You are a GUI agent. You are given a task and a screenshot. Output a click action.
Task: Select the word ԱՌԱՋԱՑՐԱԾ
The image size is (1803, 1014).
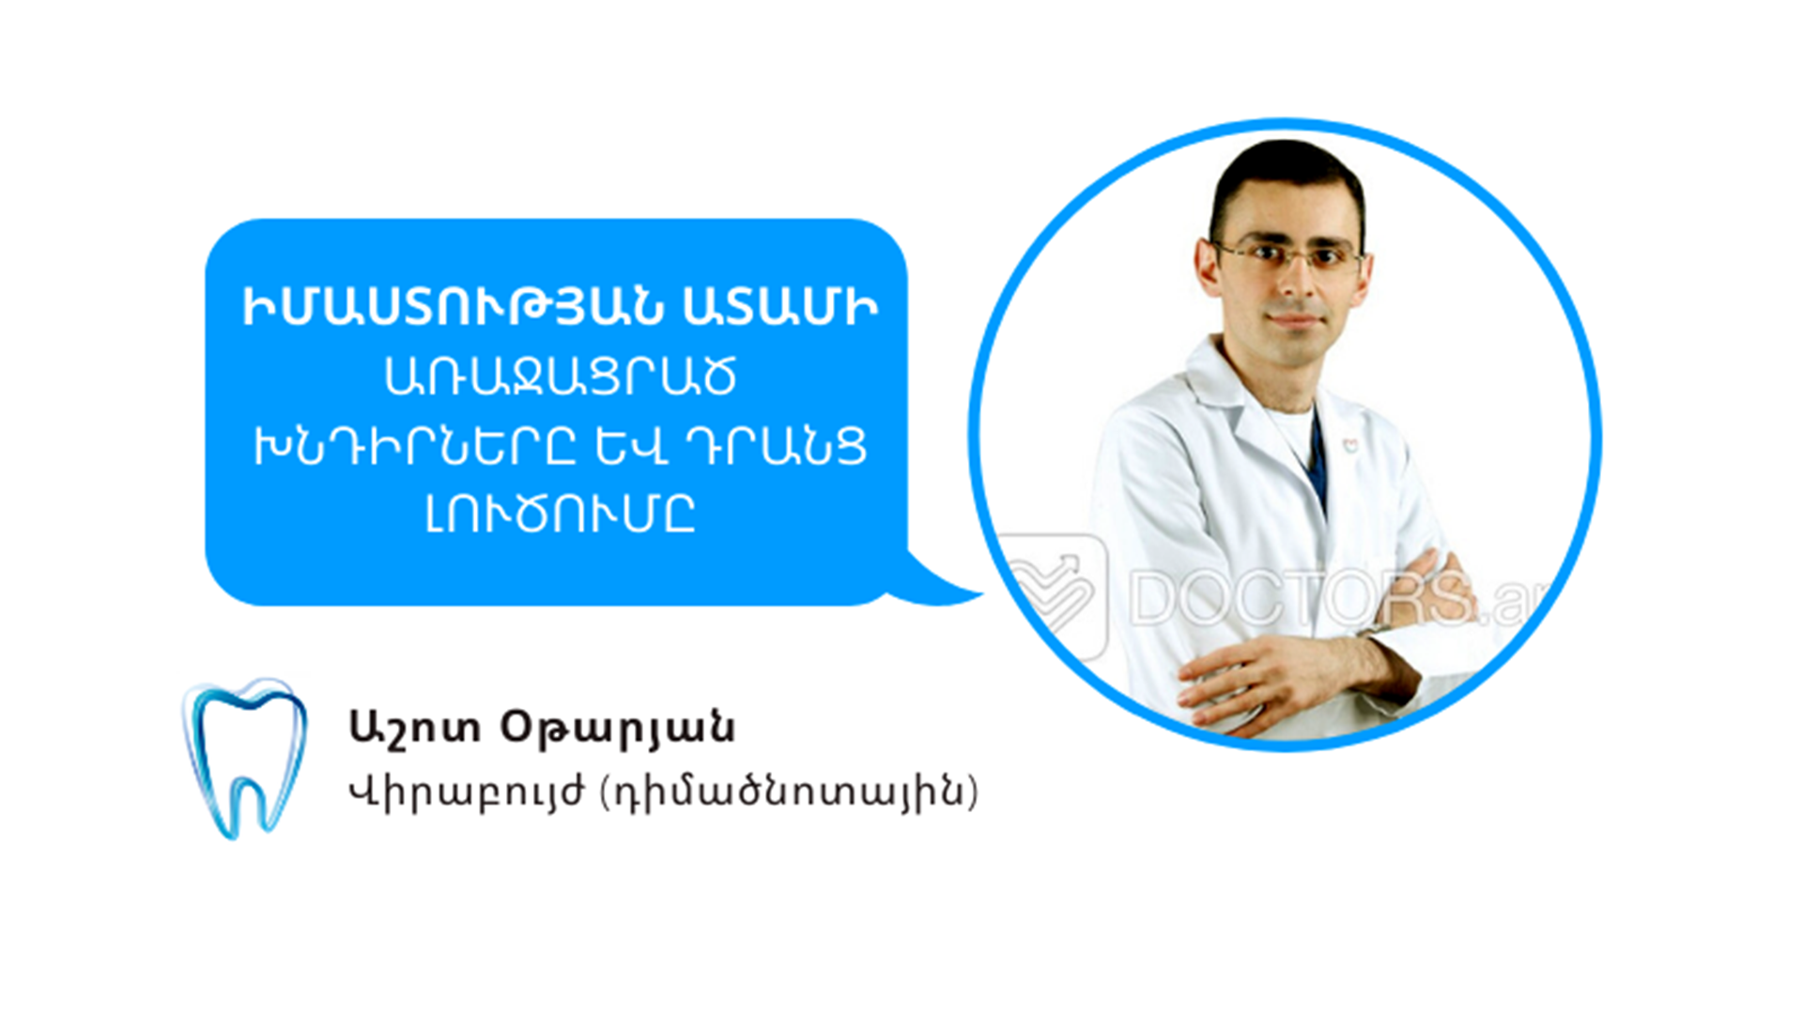pos(561,376)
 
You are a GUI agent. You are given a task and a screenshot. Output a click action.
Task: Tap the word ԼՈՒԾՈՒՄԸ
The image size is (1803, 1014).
pos(561,514)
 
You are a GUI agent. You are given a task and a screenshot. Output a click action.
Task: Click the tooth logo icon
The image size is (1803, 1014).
pos(244,757)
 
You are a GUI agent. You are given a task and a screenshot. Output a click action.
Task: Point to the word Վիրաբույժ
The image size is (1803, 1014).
pos(467,792)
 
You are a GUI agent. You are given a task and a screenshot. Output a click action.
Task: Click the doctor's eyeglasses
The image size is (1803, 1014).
pos(1290,255)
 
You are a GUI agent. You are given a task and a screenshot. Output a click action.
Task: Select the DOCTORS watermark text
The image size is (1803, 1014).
pos(1333,596)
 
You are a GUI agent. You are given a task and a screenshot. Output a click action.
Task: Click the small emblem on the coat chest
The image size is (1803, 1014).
pos(1349,446)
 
